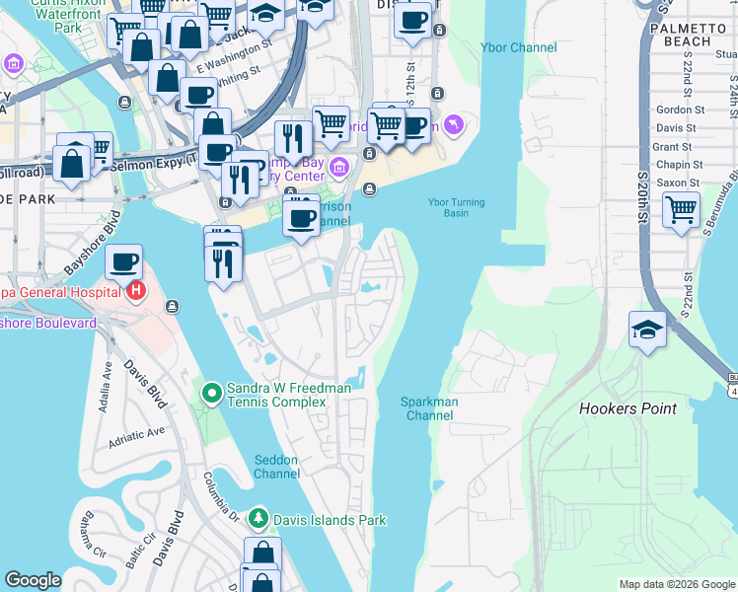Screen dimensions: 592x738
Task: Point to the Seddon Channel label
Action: (276, 467)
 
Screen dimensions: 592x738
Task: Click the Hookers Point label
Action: (627, 408)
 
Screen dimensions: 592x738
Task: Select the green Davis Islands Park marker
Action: (258, 518)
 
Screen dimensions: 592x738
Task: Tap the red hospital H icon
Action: (137, 291)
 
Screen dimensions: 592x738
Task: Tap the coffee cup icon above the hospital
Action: (124, 262)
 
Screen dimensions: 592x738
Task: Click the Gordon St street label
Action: (675, 110)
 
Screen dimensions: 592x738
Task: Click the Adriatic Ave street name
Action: (136, 433)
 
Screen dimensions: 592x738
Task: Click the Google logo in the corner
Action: (33, 580)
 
